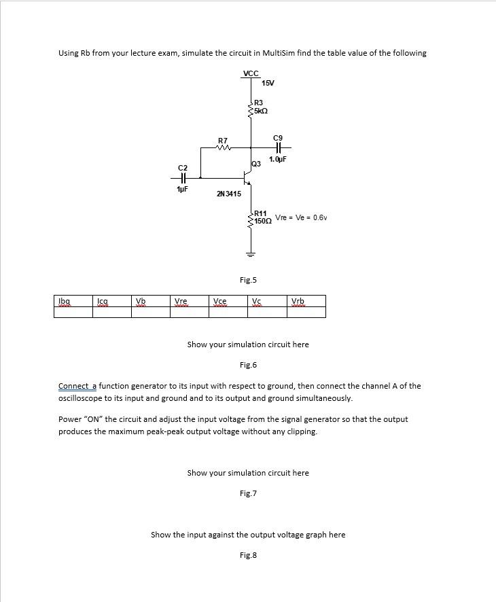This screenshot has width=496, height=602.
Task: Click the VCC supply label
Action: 251,73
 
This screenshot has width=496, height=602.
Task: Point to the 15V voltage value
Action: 268,83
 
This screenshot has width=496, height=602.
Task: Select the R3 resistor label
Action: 259,102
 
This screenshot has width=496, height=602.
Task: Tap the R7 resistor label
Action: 222,141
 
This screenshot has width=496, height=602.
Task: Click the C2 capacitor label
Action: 182,167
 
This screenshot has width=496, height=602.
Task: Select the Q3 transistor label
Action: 256,164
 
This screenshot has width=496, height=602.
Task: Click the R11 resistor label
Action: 261,213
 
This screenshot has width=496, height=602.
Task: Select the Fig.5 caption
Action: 248,280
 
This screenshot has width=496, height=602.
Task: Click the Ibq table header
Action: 65,301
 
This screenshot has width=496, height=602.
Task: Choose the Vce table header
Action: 219,301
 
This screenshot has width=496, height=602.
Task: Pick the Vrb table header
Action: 298,301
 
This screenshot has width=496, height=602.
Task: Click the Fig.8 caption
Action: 248,555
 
